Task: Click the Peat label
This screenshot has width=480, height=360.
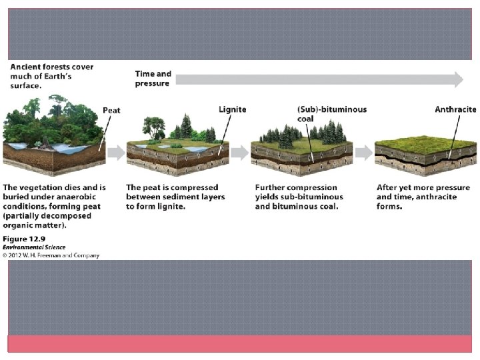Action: (111, 110)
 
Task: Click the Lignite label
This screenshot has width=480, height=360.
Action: (233, 109)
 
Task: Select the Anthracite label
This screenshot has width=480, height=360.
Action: (455, 109)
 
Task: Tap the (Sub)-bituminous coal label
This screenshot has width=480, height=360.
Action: (331, 114)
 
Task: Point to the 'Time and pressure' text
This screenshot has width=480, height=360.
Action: (153, 79)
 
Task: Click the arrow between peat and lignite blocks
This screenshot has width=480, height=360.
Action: (116, 153)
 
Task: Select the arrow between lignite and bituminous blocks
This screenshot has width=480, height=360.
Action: (239, 153)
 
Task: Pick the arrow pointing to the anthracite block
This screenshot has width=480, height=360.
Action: (363, 153)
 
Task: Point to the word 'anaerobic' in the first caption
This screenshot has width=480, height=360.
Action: (77, 197)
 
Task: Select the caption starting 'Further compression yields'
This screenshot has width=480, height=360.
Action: (299, 197)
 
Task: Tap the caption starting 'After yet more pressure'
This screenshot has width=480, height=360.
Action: (421, 197)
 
